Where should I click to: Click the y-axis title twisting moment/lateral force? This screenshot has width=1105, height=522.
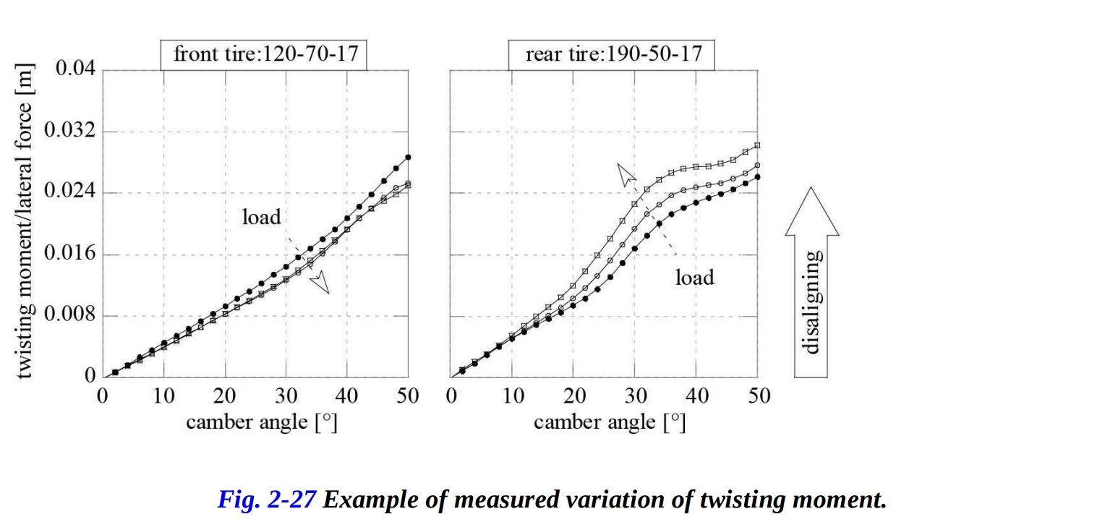(x=25, y=224)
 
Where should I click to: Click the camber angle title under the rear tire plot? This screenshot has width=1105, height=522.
(x=609, y=422)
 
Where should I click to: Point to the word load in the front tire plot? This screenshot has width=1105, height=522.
(x=261, y=216)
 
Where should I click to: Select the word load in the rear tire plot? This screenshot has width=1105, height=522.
(x=694, y=277)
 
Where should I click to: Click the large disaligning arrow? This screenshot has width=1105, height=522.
(x=811, y=282)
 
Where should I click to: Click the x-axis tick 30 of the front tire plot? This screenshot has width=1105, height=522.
(x=286, y=395)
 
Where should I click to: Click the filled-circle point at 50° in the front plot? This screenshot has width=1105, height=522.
(x=409, y=157)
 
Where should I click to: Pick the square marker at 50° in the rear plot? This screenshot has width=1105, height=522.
(x=757, y=145)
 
